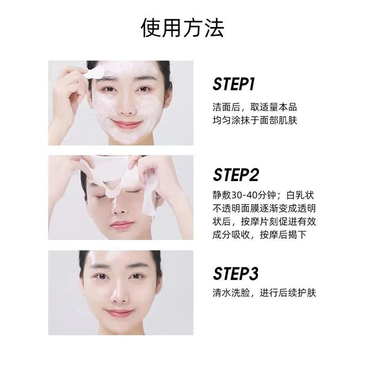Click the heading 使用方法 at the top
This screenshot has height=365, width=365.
pyautogui.click(x=182, y=28)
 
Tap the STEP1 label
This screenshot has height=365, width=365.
pyautogui.click(x=234, y=84)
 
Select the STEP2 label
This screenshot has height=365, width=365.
pyautogui.click(x=235, y=175)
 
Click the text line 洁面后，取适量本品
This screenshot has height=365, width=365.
pyautogui.click(x=255, y=107)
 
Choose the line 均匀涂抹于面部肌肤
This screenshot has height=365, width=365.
pyautogui.click(x=255, y=120)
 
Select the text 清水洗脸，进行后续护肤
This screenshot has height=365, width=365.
pyautogui.click(x=264, y=293)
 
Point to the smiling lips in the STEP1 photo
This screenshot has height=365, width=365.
pyautogui.click(x=126, y=123)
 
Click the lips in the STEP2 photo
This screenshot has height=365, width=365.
pyautogui.click(x=122, y=225)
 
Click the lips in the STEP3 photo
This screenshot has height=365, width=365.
pyautogui.click(x=119, y=313)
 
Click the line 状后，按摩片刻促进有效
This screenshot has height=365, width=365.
pyautogui.click(x=264, y=221)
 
